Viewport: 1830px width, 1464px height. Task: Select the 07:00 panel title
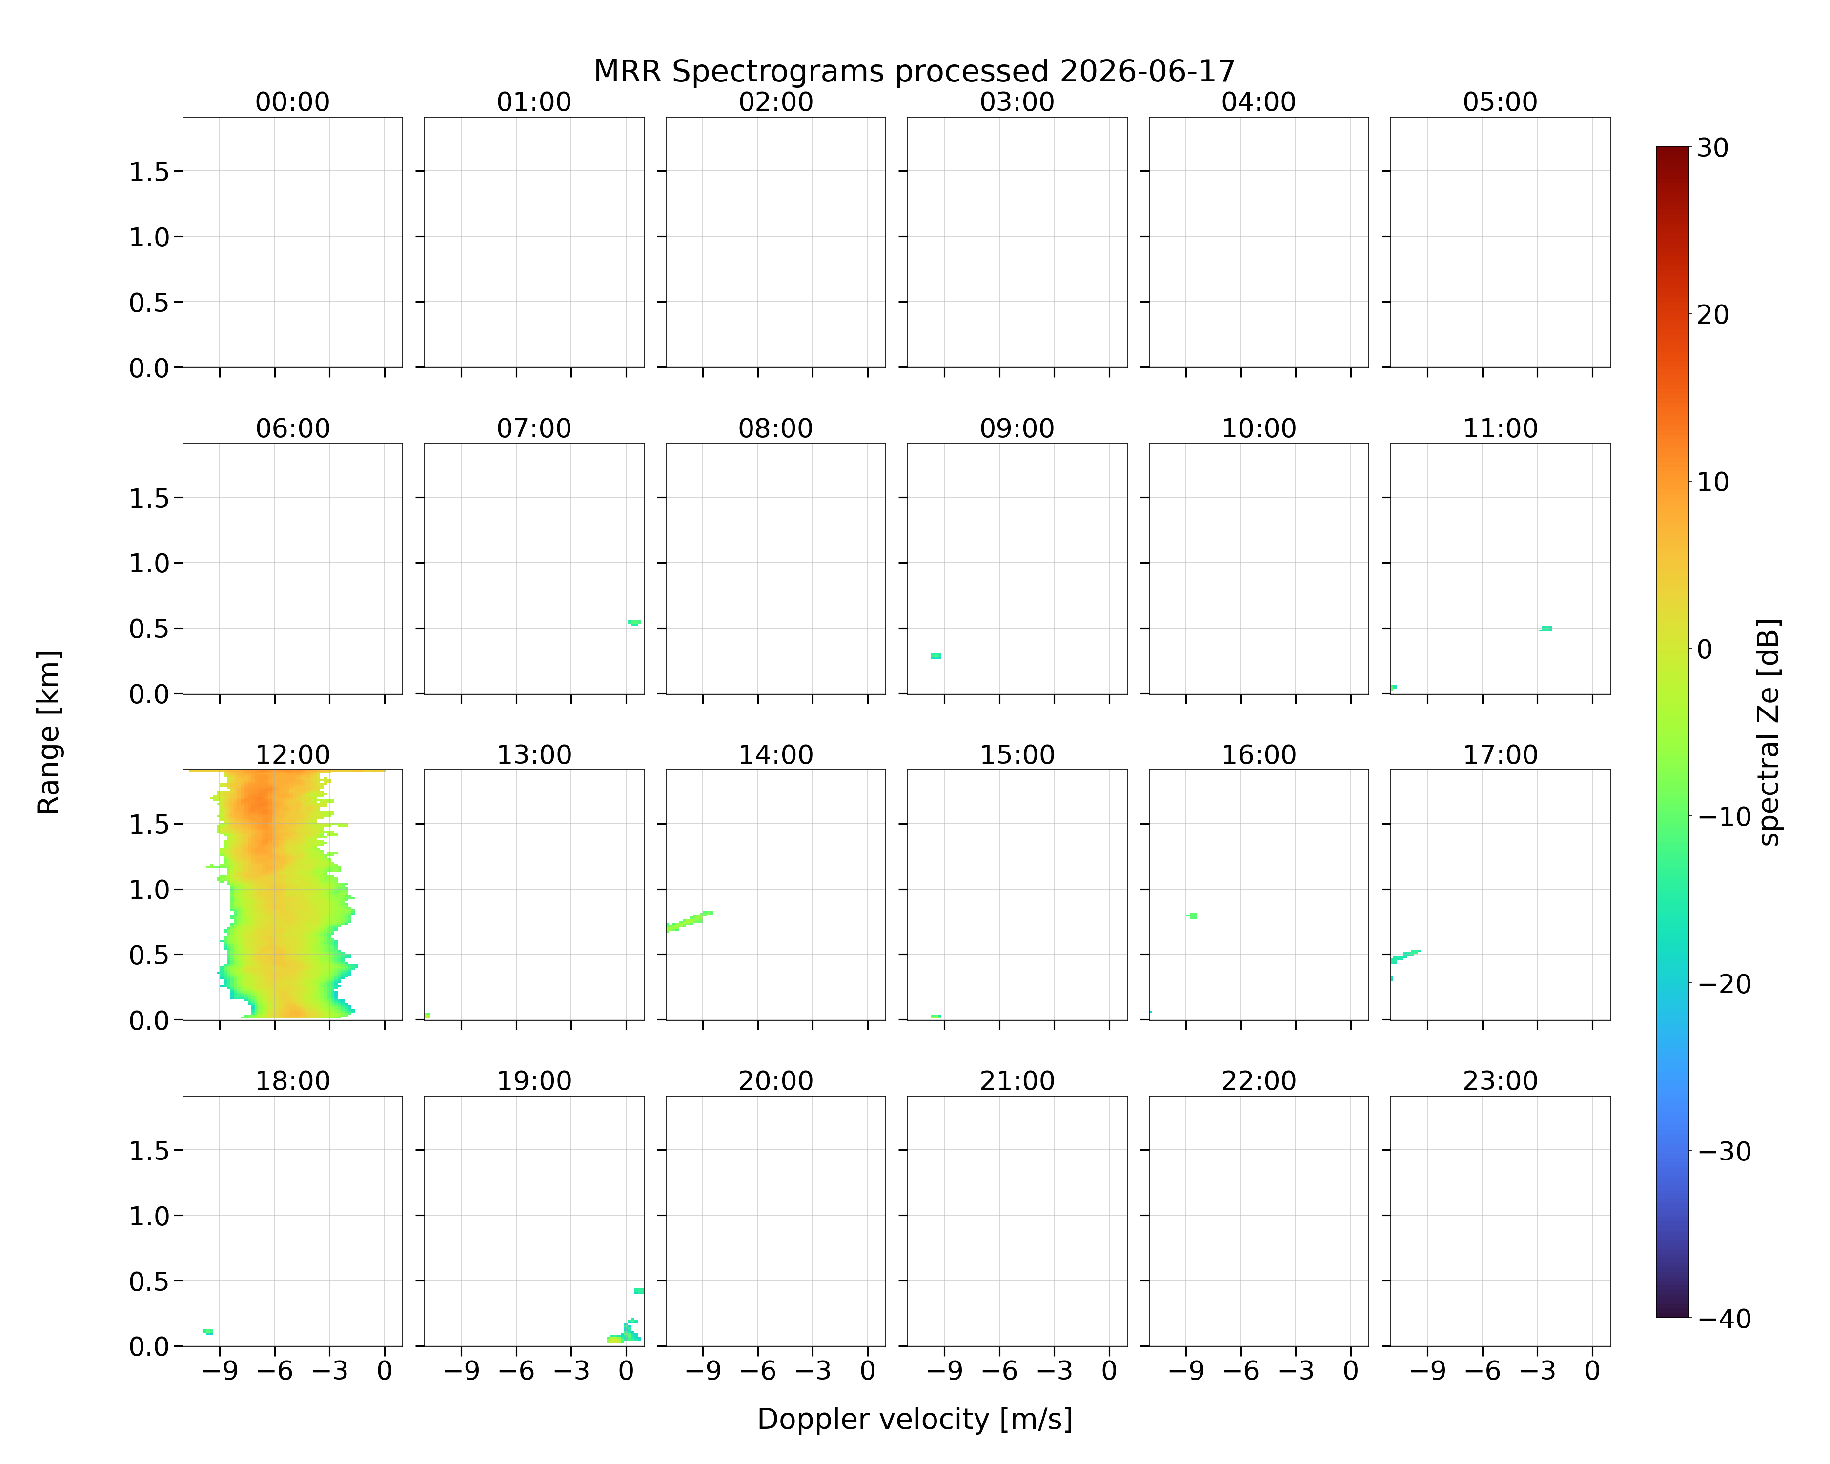point(534,428)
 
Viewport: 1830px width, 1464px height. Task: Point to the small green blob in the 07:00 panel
point(634,622)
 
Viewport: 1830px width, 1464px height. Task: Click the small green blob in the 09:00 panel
point(936,656)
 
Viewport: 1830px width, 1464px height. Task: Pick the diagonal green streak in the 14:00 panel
point(689,920)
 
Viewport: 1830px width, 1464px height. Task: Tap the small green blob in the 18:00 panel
point(208,1332)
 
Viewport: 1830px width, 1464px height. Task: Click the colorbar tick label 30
point(1712,148)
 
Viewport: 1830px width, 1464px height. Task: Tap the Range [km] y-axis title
point(48,732)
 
